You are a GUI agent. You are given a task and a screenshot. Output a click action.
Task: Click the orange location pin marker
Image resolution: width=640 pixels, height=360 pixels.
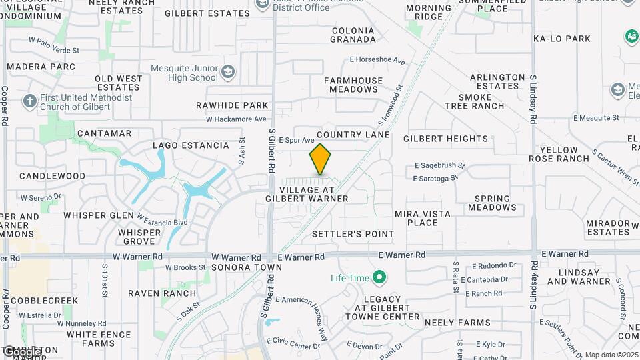(x=321, y=160)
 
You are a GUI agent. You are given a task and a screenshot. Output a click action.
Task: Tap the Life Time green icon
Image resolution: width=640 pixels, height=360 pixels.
(x=379, y=276)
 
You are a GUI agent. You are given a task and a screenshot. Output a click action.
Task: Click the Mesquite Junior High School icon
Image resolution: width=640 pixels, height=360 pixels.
(x=228, y=72)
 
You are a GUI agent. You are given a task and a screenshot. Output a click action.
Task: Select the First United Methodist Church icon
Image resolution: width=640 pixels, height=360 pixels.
(x=29, y=101)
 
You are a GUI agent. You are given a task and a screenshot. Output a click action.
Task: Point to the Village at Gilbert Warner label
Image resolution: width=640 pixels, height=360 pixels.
(x=307, y=193)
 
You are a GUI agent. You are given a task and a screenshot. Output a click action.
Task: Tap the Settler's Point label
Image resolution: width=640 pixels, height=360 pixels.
(x=353, y=234)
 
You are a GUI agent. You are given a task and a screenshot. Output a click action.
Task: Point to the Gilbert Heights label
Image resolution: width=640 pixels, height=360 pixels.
(x=446, y=139)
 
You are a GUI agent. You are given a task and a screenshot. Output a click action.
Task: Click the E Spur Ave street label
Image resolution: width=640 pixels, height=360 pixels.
(x=296, y=141)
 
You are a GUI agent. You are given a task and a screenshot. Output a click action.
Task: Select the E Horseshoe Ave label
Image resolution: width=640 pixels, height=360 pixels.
(x=377, y=61)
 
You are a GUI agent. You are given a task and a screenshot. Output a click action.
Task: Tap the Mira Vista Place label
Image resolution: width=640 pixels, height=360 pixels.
(x=422, y=218)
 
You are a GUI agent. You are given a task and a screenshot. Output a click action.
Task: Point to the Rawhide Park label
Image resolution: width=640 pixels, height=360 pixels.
(x=232, y=105)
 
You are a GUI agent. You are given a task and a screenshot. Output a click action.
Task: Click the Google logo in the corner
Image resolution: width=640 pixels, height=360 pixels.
(x=21, y=351)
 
